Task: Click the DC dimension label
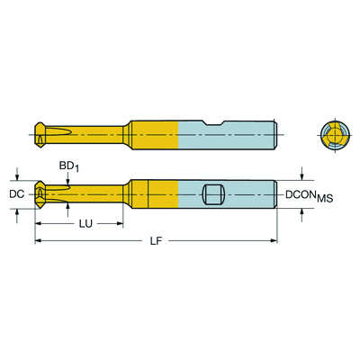[15, 193]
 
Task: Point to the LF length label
[157, 241]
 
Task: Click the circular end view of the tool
[333, 135]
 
